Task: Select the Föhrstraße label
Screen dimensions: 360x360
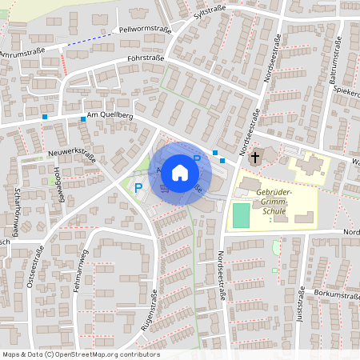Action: [x=145, y=58]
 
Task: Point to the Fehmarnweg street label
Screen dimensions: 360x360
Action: [x=82, y=270]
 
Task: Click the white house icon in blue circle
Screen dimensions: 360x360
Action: [x=180, y=171]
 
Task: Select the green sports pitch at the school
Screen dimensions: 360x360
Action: [x=240, y=215]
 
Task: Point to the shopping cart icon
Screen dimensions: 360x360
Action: [x=165, y=189]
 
